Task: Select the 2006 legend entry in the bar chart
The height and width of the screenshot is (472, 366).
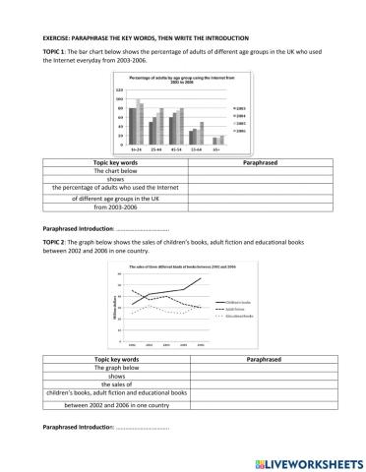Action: (239, 129)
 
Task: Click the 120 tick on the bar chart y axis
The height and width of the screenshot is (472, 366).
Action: (119, 89)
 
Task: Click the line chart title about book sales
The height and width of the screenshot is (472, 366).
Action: (183, 267)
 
